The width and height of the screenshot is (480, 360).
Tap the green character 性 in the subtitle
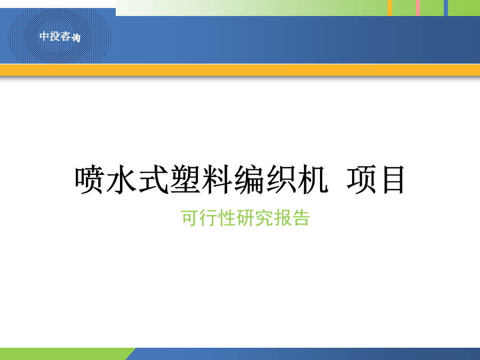click(226, 218)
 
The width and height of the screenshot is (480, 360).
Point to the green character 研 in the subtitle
click(245, 218)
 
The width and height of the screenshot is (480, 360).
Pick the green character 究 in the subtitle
click(264, 218)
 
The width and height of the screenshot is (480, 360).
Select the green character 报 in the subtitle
click(283, 218)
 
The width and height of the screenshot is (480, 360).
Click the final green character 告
click(301, 218)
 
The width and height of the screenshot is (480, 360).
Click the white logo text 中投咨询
click(60, 37)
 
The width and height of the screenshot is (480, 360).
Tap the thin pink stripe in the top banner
click(418, 8)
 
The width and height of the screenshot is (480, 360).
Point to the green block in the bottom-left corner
click(66, 354)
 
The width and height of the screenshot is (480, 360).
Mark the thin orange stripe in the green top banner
click(390, 8)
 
